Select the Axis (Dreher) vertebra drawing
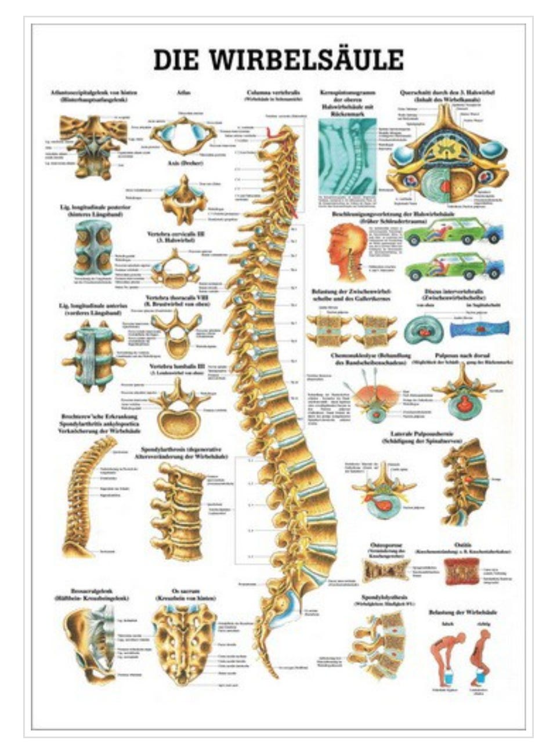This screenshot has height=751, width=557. pyautogui.click(x=183, y=195)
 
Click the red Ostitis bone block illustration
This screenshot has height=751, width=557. pyautogui.click(x=462, y=571)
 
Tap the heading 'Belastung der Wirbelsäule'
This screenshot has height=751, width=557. pyautogui.click(x=455, y=611)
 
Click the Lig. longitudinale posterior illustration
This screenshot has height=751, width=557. pyautogui.click(x=93, y=250)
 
